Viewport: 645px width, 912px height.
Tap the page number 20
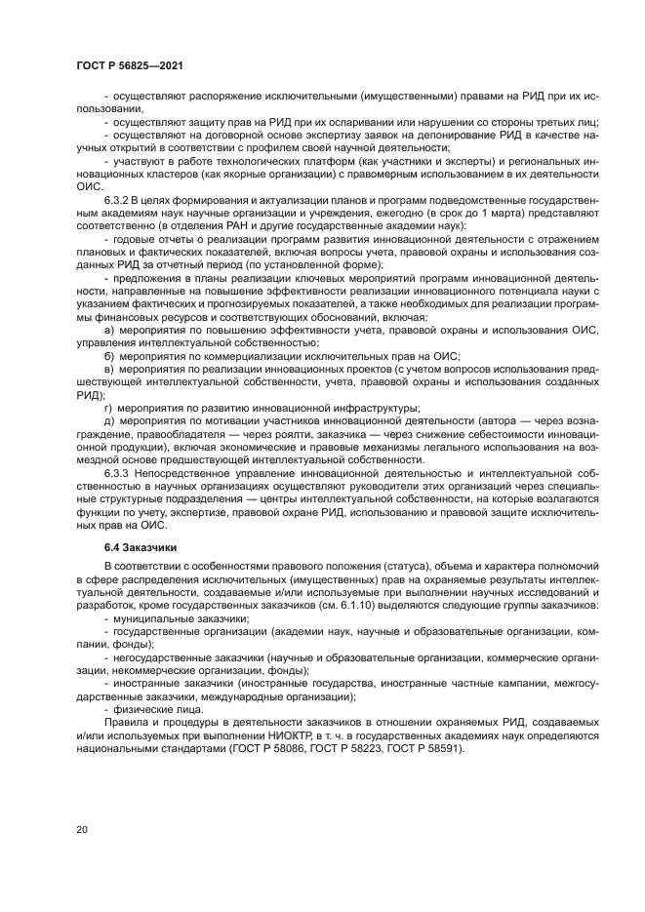pyautogui.click(x=82, y=829)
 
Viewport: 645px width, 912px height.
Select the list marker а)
pyautogui.click(x=109, y=332)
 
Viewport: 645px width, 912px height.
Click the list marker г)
pyautogui.click(x=108, y=408)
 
